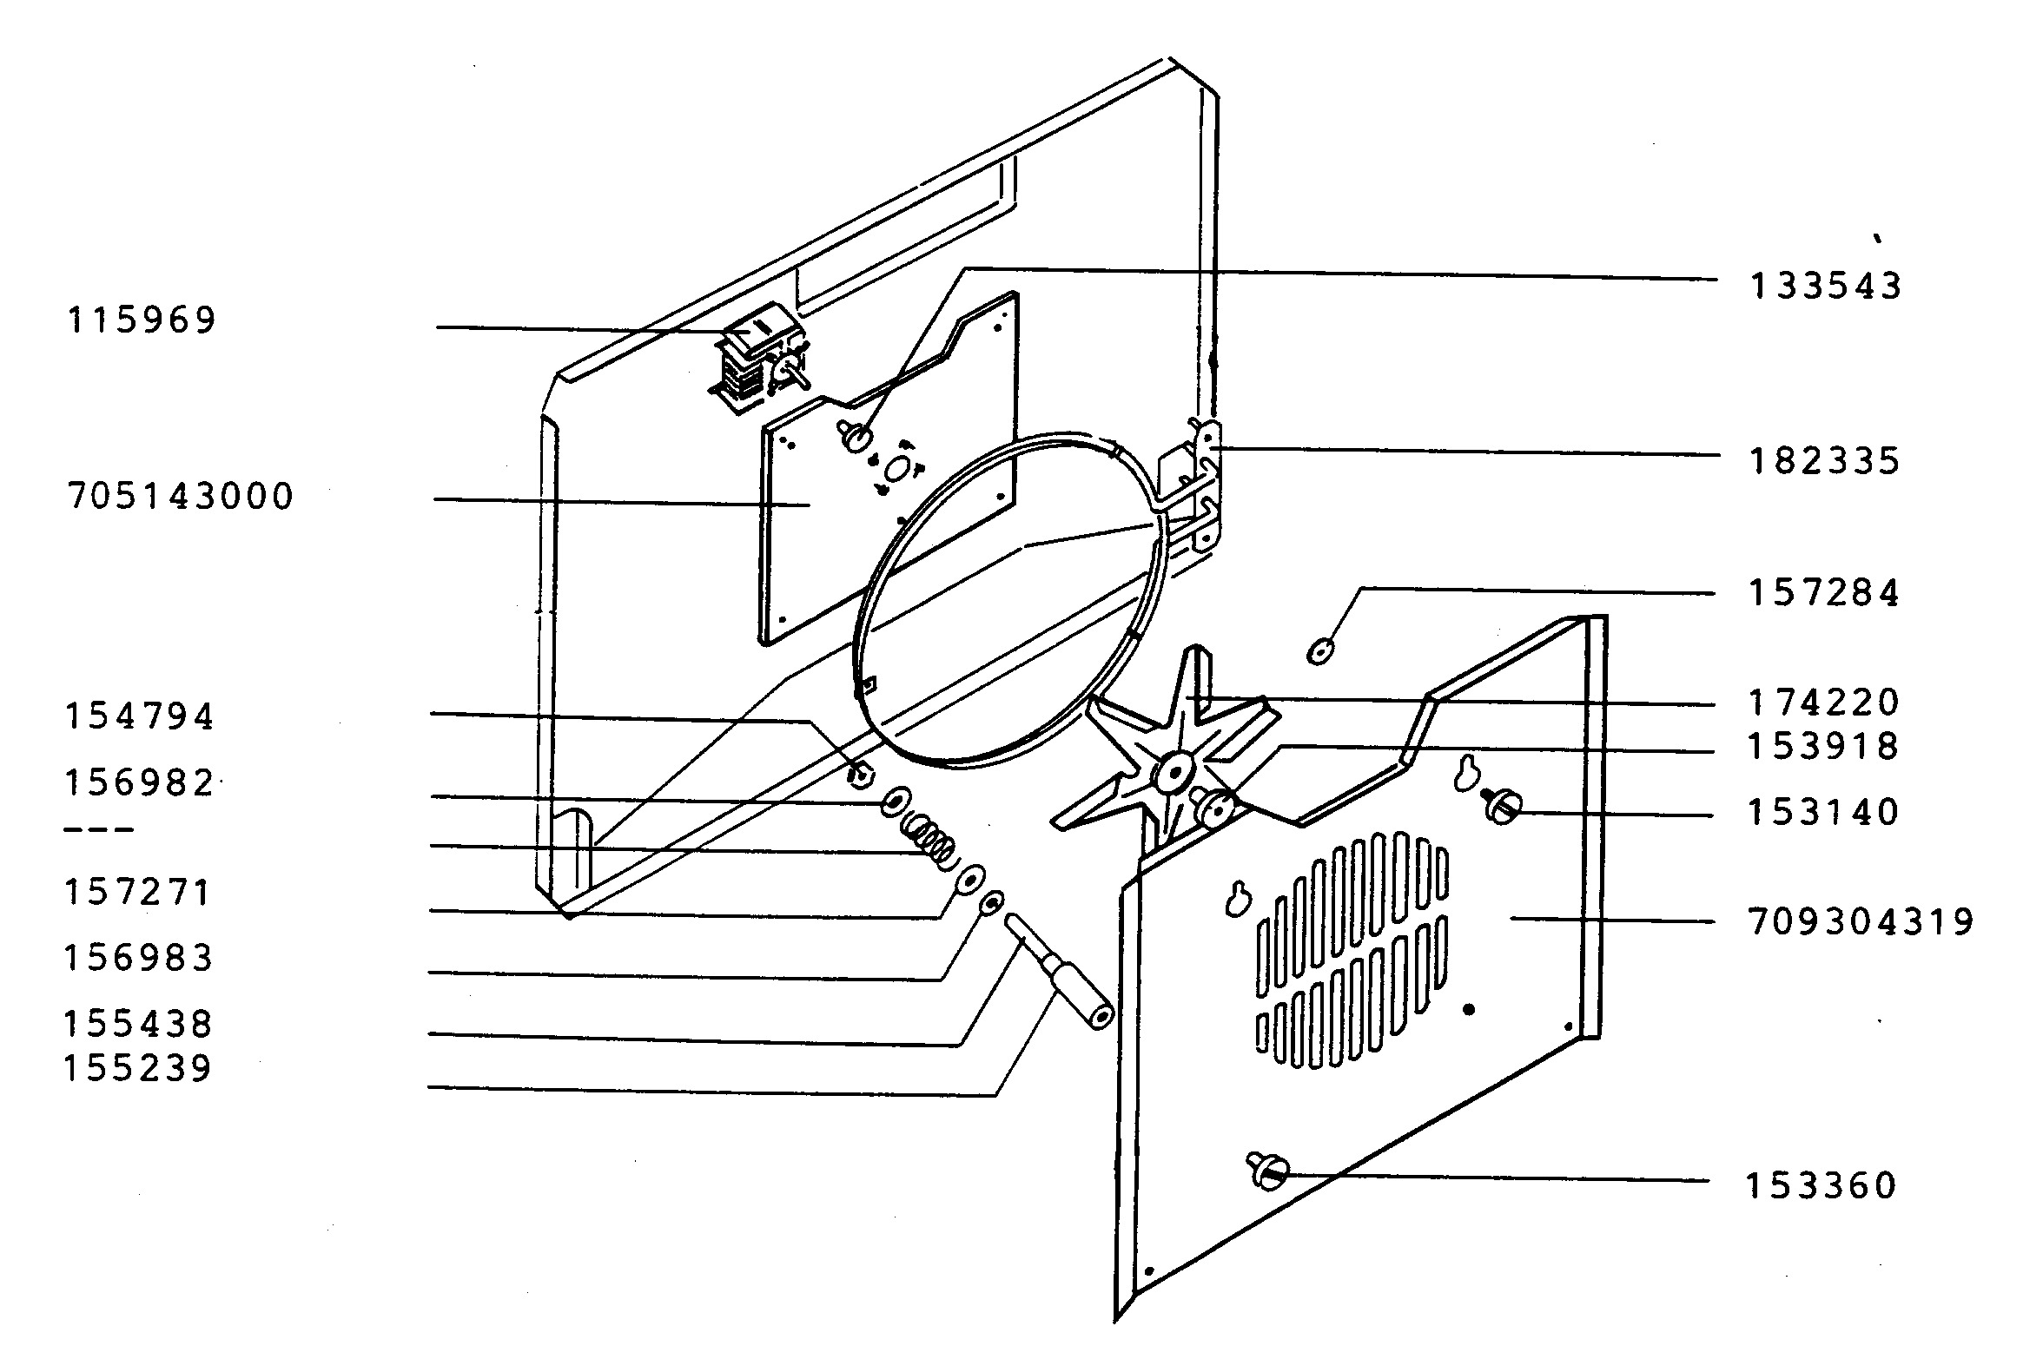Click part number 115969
tap(141, 320)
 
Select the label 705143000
tap(181, 498)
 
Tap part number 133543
tap(1825, 287)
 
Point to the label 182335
tap(1824, 461)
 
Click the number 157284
tap(1824, 594)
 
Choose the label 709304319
tap(1861, 922)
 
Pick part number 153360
tap(1822, 1185)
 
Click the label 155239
tap(138, 1069)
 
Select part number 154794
tap(140, 717)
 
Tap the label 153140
tap(1823, 813)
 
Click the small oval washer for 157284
tap(1320, 650)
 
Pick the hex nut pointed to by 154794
tap(861, 772)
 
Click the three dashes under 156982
tap(100, 830)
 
